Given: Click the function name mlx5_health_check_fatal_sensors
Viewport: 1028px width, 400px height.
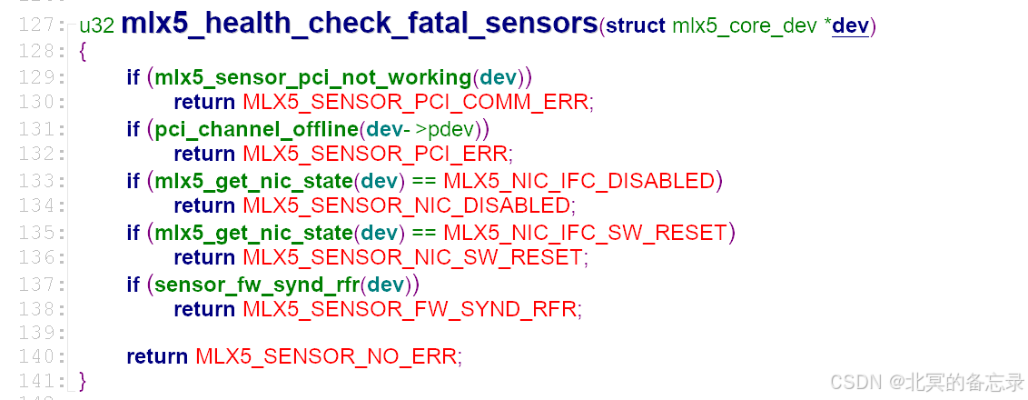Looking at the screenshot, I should (x=359, y=25).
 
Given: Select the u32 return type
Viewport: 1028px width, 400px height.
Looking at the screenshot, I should (x=96, y=25).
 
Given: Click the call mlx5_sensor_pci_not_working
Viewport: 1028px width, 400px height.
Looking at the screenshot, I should (x=315, y=77).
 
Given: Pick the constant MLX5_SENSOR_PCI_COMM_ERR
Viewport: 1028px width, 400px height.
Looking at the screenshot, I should (x=417, y=101).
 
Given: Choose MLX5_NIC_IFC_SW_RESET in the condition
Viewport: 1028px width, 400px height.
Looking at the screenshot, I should (x=585, y=233).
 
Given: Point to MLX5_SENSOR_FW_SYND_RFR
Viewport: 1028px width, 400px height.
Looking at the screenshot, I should (x=410, y=309).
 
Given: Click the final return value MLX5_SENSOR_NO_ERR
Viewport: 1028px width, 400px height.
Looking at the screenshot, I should (x=327, y=355).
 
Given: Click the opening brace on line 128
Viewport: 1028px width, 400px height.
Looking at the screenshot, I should (x=84, y=52).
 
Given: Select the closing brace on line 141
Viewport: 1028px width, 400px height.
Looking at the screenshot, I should (x=84, y=379).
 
